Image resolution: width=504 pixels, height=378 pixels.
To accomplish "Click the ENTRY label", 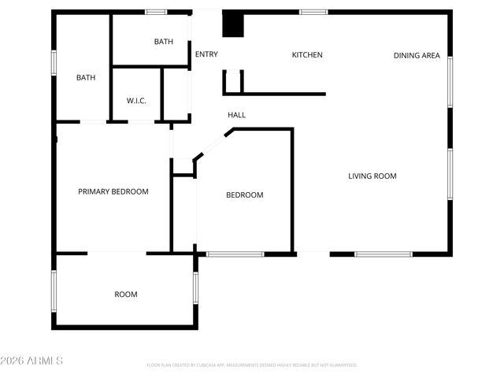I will [206, 54].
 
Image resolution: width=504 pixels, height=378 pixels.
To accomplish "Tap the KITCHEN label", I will [307, 55].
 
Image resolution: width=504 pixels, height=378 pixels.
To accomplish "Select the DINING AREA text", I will [417, 55].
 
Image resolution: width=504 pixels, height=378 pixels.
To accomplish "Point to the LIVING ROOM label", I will [372, 176].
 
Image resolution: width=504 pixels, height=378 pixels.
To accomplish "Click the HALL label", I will [236, 115].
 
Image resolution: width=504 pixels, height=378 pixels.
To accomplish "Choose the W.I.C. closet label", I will [137, 101].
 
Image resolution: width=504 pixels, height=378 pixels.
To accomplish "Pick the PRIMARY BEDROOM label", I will [113, 191].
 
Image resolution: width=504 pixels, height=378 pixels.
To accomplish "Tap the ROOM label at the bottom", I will [126, 295].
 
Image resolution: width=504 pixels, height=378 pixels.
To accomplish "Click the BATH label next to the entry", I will [163, 42].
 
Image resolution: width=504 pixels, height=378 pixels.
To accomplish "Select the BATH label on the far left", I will [86, 77].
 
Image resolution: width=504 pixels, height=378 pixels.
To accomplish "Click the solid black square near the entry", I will [233, 24].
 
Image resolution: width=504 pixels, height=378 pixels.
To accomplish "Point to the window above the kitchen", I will [313, 12].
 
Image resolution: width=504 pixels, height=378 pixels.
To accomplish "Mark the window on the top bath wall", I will [156, 12].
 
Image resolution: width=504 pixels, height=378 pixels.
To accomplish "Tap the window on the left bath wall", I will [54, 63].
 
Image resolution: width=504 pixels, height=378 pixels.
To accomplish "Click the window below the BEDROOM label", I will [235, 254].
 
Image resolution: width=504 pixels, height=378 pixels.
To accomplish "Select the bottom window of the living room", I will [383, 254].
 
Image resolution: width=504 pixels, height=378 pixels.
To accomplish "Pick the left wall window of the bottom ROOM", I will [54, 290].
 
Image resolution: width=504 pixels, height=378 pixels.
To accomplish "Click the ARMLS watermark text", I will [32, 361].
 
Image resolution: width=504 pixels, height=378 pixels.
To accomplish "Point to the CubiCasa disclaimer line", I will [252, 365].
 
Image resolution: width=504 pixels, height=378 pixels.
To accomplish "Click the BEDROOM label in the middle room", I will [245, 195].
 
